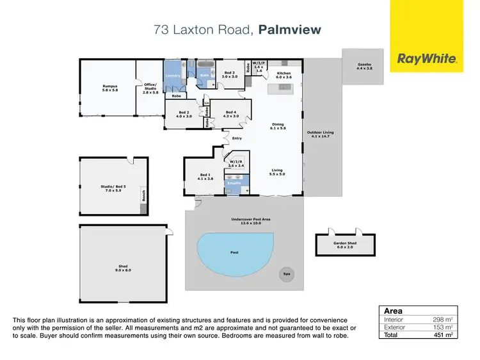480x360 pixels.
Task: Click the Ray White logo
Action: pyautogui.click(x=427, y=59)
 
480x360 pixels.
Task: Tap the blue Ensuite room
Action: pyautogui.click(x=234, y=183)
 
